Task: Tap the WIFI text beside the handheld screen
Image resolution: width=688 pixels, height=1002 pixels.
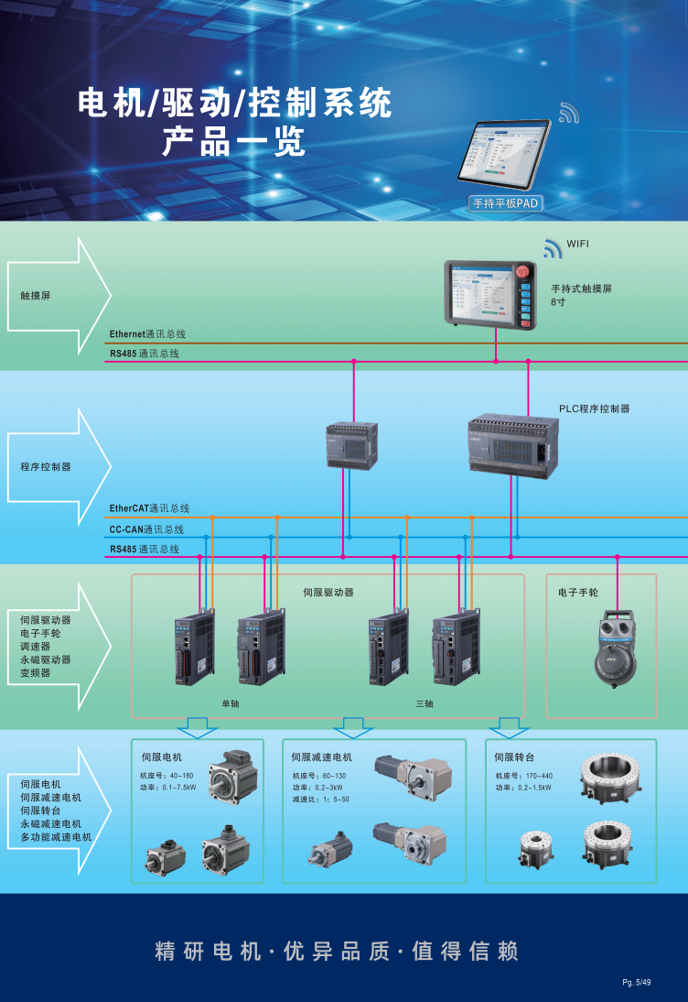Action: click(x=578, y=244)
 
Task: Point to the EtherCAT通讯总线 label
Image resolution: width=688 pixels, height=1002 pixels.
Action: click(x=149, y=508)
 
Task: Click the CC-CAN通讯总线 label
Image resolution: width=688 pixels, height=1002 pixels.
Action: click(x=146, y=529)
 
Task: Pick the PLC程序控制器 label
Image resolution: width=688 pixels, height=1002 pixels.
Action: click(x=595, y=408)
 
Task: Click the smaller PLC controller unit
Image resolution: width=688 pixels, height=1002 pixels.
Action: click(x=351, y=445)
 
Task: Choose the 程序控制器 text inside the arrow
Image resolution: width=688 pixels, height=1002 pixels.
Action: click(x=45, y=466)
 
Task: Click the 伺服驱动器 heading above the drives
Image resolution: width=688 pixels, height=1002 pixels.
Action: click(x=328, y=593)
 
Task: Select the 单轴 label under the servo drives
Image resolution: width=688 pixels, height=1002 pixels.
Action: click(x=230, y=703)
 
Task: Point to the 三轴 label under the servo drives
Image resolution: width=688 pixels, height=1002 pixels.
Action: click(x=425, y=703)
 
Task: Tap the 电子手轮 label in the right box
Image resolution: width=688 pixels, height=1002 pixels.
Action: click(x=577, y=593)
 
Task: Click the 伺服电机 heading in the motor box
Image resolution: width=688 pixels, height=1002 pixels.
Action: click(x=162, y=757)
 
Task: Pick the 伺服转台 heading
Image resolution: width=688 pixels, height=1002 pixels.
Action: click(x=514, y=757)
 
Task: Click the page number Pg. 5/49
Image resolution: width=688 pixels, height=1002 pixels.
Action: click(x=637, y=983)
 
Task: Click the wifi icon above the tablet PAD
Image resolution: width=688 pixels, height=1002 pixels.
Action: click(x=569, y=114)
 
